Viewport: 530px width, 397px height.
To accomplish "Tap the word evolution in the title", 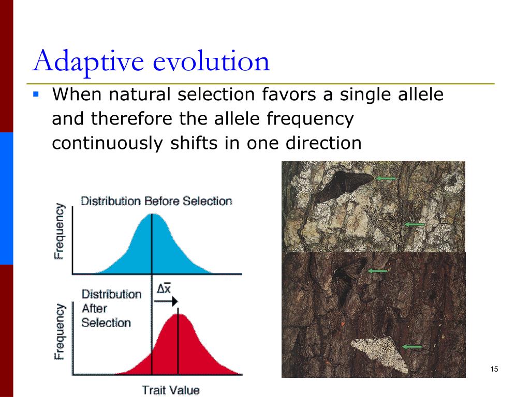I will click(x=212, y=61).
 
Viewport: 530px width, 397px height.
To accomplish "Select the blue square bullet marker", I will click(x=36, y=95).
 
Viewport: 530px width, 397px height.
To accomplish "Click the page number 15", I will click(x=493, y=369).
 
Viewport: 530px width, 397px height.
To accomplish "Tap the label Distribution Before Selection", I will click(x=156, y=201).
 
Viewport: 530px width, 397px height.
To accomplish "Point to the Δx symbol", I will click(x=164, y=289).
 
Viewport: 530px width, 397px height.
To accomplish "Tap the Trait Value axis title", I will click(x=171, y=390).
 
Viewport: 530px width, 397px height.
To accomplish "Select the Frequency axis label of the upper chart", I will click(x=60, y=231).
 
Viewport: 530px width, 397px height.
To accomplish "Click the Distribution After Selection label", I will click(x=111, y=309).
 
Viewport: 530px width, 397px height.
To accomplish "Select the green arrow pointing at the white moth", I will click(x=412, y=346).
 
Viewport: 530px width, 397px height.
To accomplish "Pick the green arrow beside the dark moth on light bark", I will click(x=386, y=178).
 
